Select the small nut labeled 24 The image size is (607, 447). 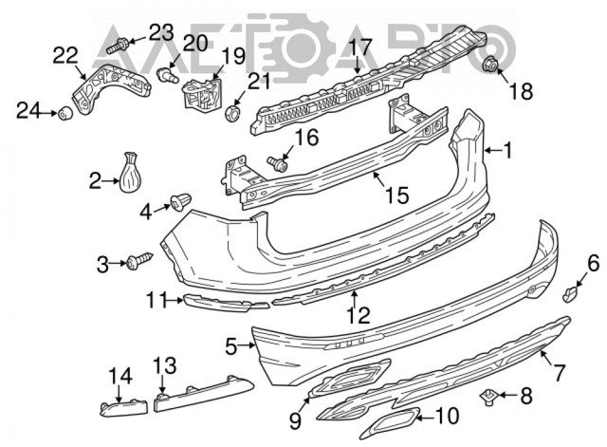click(66, 114)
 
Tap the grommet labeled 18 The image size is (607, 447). click(492, 65)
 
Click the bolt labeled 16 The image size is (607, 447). click(277, 163)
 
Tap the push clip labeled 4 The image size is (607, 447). click(180, 200)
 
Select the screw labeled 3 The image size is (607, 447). click(139, 259)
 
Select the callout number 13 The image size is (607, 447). click(164, 365)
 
